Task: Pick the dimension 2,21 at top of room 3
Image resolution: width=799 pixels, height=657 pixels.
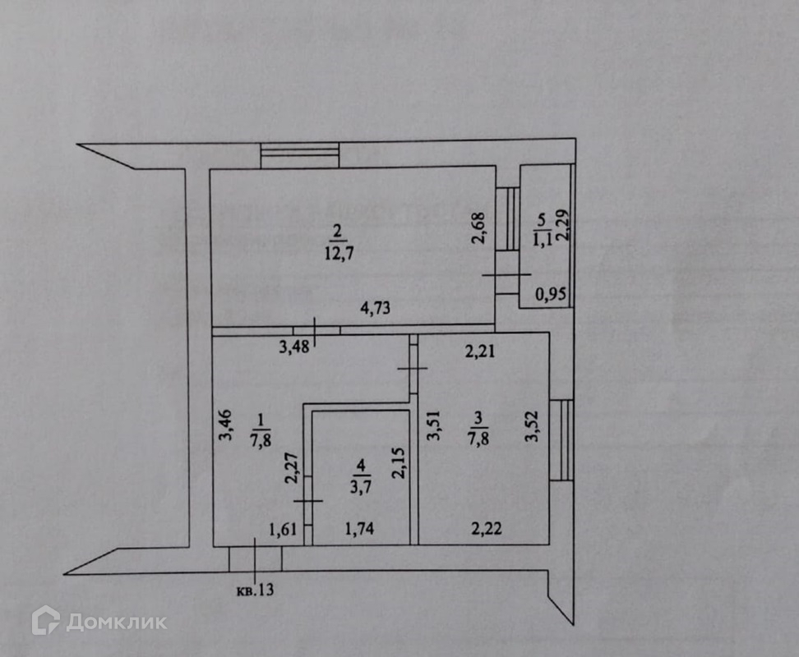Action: [x=482, y=353]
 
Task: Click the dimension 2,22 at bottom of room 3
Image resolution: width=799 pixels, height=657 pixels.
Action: [x=485, y=530]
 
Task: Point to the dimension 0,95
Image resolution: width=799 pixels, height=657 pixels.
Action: [x=552, y=293]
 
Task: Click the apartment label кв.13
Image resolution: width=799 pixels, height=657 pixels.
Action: [x=256, y=590]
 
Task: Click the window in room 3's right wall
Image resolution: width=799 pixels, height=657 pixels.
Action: [x=561, y=440]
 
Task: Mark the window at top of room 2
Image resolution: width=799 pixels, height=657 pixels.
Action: [x=300, y=155]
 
